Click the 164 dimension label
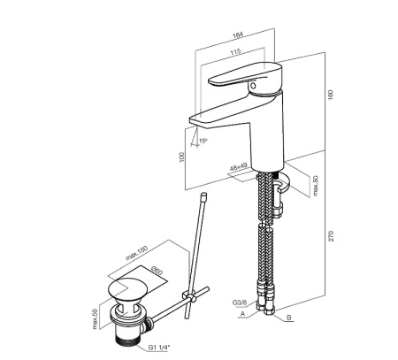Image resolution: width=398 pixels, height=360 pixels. click(238, 35)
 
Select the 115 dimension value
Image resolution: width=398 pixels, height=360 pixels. click(235, 52)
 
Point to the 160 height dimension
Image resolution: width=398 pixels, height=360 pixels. click(331, 95)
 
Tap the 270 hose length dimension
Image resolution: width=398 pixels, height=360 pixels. click(331, 236)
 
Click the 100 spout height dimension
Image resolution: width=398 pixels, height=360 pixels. click(181, 157)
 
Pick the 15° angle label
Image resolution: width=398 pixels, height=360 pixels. click(203, 141)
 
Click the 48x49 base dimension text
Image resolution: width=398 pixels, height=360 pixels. click(239, 168)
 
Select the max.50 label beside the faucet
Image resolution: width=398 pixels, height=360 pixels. click(316, 186)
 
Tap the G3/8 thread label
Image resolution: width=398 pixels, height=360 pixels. click(240, 303)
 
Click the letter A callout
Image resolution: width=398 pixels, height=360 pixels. click(243, 314)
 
